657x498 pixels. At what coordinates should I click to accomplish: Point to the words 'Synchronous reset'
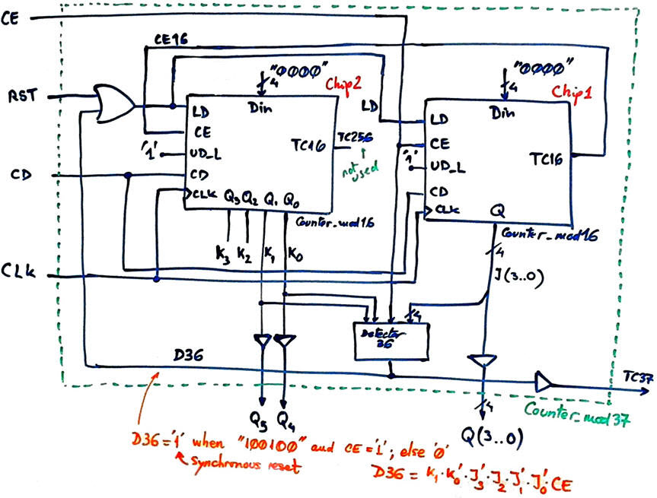pyautogui.click(x=224, y=461)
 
